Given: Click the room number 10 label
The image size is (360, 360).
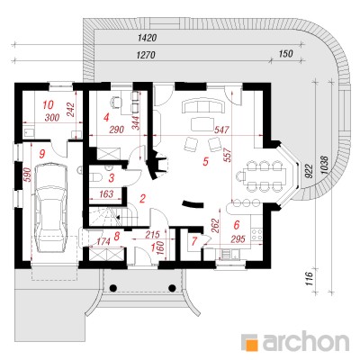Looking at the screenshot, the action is pos(48,105).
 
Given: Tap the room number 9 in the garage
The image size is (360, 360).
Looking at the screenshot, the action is pos(42,154).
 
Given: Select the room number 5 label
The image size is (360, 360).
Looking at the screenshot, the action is pos(205,162).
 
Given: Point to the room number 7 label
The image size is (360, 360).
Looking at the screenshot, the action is pos(194,240).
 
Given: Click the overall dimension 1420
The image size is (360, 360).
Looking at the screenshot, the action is pos(148,38).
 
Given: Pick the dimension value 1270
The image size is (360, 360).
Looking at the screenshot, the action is pos(146,55).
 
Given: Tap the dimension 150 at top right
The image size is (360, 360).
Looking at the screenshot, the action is pos(285,54).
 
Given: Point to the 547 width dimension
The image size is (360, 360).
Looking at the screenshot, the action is pos(221,130).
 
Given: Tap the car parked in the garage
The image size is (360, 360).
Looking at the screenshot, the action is pos(51,209).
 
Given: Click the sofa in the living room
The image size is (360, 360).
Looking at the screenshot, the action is pos(202,106).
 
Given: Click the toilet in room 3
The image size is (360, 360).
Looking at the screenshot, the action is pos(96,177).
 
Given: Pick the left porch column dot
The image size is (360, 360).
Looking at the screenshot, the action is pos(113,288).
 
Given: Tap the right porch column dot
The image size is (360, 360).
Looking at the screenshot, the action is pos(172,288).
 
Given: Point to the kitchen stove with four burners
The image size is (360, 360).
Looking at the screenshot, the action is pos(256,235).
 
